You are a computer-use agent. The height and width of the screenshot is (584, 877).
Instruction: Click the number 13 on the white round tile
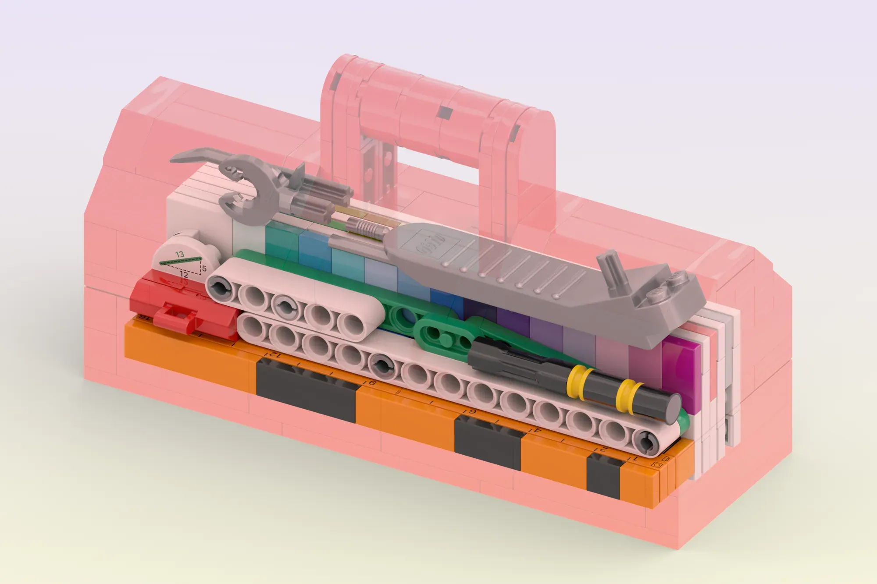(x=179, y=254)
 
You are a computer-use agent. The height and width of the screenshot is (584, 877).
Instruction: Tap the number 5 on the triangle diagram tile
(x=204, y=268)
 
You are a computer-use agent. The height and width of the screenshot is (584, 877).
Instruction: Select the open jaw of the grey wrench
(x=240, y=189)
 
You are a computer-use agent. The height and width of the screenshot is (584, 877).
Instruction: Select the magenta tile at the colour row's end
(x=682, y=372)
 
